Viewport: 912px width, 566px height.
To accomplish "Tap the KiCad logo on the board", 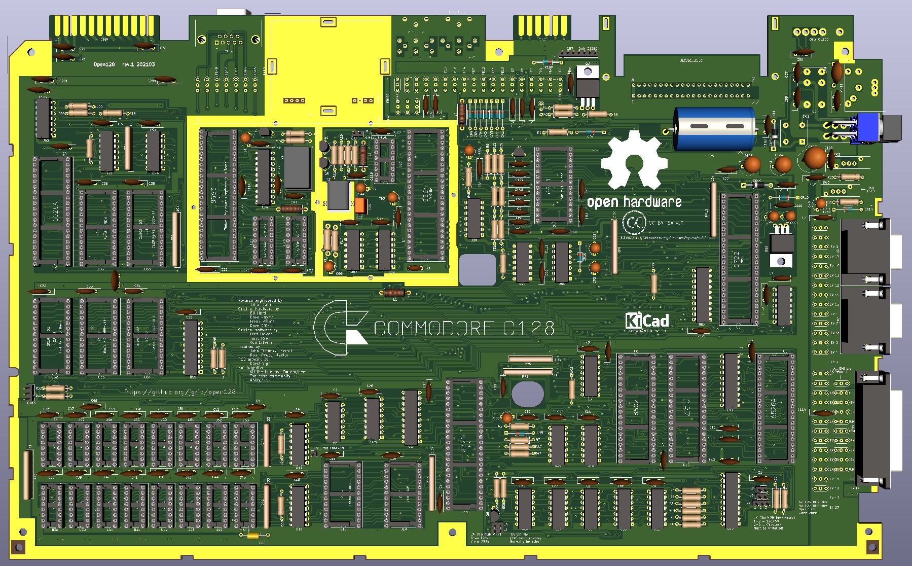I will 646,321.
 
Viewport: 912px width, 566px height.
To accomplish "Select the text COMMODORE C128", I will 464,329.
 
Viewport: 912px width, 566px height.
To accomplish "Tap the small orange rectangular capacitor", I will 360,205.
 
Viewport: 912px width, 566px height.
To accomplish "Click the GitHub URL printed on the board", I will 180,392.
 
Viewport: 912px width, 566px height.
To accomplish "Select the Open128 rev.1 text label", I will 124,65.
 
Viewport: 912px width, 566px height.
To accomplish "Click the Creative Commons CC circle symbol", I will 633,223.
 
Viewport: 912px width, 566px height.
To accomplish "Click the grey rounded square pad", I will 477,269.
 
